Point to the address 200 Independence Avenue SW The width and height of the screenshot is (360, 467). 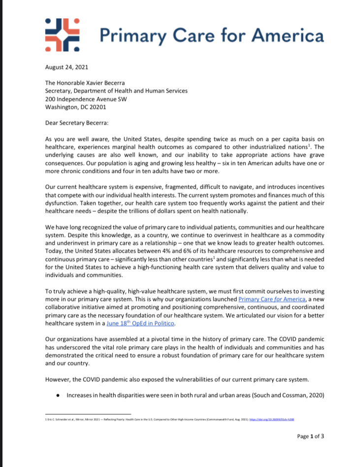click(x=88, y=99)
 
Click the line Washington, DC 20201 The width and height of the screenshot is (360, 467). click(x=75, y=107)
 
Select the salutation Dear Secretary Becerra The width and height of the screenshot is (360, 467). click(x=77, y=122)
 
